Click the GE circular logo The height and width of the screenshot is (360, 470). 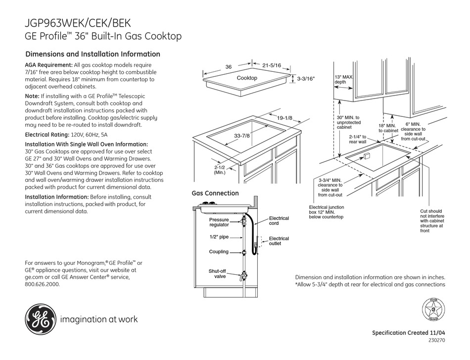click(x=41, y=319)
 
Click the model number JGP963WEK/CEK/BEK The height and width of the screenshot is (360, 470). click(x=78, y=23)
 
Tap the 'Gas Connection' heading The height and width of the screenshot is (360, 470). click(x=215, y=193)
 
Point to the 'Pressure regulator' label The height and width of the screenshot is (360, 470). click(x=219, y=222)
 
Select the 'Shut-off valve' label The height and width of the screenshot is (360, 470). click(x=218, y=274)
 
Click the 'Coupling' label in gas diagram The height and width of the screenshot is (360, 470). click(x=219, y=252)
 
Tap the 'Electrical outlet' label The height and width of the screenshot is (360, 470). click(x=279, y=241)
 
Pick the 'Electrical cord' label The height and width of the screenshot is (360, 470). click(x=279, y=221)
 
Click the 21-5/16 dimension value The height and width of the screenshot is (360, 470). click(x=272, y=65)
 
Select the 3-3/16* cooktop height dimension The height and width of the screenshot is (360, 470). click(x=306, y=79)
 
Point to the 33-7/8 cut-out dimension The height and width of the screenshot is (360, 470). click(x=242, y=136)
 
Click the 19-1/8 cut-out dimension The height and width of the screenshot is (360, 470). click(x=284, y=118)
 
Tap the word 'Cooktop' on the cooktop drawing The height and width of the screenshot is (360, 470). click(x=247, y=78)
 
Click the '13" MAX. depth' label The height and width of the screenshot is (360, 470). click(x=343, y=80)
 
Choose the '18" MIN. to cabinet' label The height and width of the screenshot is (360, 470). click(x=388, y=128)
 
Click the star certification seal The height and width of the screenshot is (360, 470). click(x=433, y=310)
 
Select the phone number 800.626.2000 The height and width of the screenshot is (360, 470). click(x=42, y=284)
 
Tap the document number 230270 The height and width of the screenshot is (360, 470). click(x=437, y=341)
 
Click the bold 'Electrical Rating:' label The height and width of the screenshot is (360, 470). click(x=47, y=135)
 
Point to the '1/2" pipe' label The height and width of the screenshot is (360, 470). click(x=219, y=237)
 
